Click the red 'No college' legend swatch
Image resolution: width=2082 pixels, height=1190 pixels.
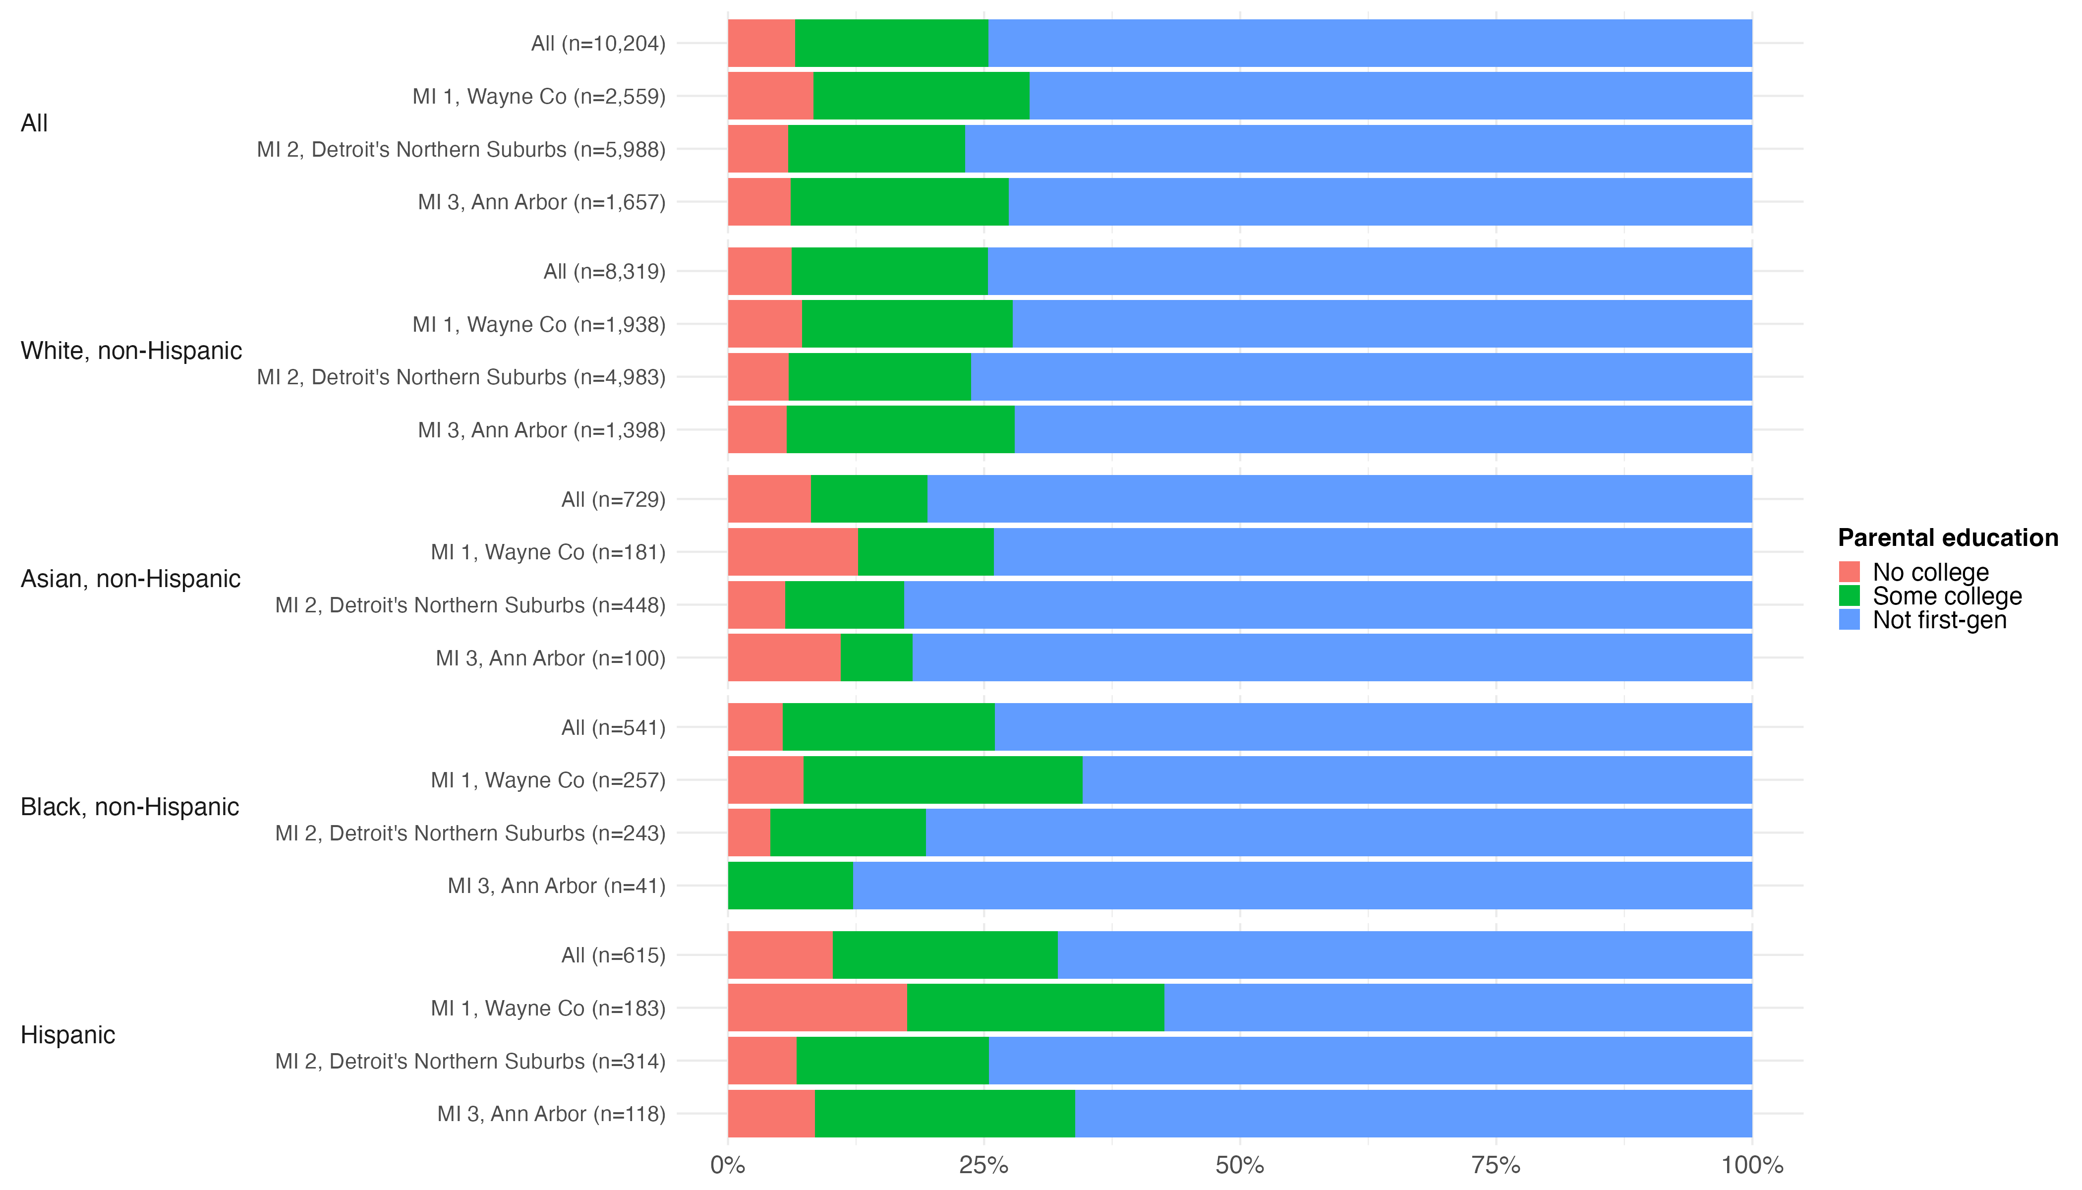(x=1849, y=571)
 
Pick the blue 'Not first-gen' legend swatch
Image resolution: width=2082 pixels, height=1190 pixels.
(x=1849, y=619)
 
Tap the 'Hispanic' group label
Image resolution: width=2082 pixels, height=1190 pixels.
(x=68, y=1035)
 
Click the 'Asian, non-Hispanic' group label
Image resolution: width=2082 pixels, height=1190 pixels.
(x=131, y=579)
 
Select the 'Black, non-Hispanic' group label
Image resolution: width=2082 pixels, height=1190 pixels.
(x=130, y=807)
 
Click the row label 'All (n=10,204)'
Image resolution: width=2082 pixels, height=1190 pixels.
(x=598, y=43)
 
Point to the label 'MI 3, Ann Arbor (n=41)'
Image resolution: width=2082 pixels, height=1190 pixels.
(x=557, y=886)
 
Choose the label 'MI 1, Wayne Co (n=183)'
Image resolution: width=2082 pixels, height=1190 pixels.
(x=548, y=1009)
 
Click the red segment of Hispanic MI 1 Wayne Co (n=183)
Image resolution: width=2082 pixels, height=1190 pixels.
(x=817, y=1008)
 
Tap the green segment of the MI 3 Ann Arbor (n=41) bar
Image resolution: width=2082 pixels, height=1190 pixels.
(x=790, y=885)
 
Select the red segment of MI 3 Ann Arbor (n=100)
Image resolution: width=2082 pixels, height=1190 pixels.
(x=784, y=657)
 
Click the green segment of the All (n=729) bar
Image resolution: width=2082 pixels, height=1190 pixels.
(x=868, y=498)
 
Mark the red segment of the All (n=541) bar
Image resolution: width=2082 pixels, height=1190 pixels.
(x=755, y=726)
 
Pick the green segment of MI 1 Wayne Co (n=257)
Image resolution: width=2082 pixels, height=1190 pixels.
(x=943, y=780)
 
